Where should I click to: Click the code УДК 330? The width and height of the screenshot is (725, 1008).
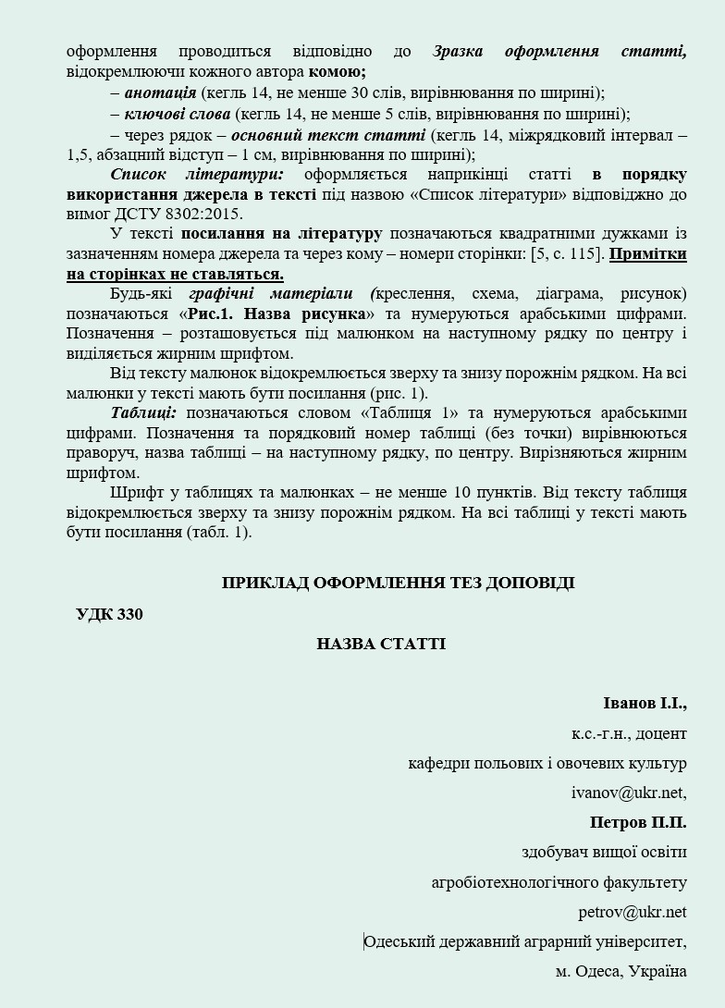pos(109,614)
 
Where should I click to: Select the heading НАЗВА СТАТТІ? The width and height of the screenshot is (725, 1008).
pos(381,644)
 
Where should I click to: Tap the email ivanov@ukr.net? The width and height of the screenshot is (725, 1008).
pos(630,793)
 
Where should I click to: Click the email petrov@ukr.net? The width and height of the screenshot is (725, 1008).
pos(633,912)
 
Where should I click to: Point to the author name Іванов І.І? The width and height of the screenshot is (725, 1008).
pos(645,704)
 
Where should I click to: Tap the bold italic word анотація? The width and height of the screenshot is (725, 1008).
pos(160,92)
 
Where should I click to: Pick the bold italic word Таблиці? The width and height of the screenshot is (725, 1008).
pos(143,412)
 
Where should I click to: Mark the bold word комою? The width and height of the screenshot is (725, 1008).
pos(338,71)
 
